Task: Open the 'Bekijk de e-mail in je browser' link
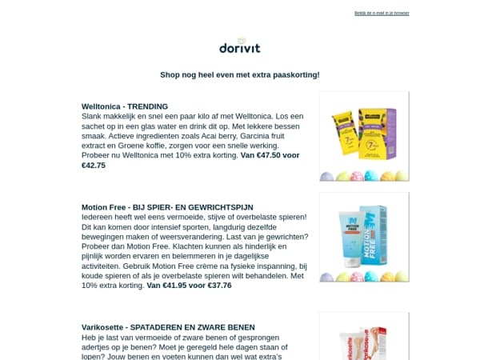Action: click(x=382, y=14)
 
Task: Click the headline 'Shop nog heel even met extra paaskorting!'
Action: click(x=240, y=74)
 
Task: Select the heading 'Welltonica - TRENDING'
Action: click(x=125, y=106)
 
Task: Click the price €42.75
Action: click(x=94, y=166)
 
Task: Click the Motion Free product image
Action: click(x=364, y=237)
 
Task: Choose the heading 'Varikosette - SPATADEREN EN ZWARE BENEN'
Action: click(x=168, y=326)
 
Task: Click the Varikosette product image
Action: click(x=364, y=336)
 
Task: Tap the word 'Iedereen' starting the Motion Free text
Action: click(x=98, y=217)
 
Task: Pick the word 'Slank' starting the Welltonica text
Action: click(x=92, y=116)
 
